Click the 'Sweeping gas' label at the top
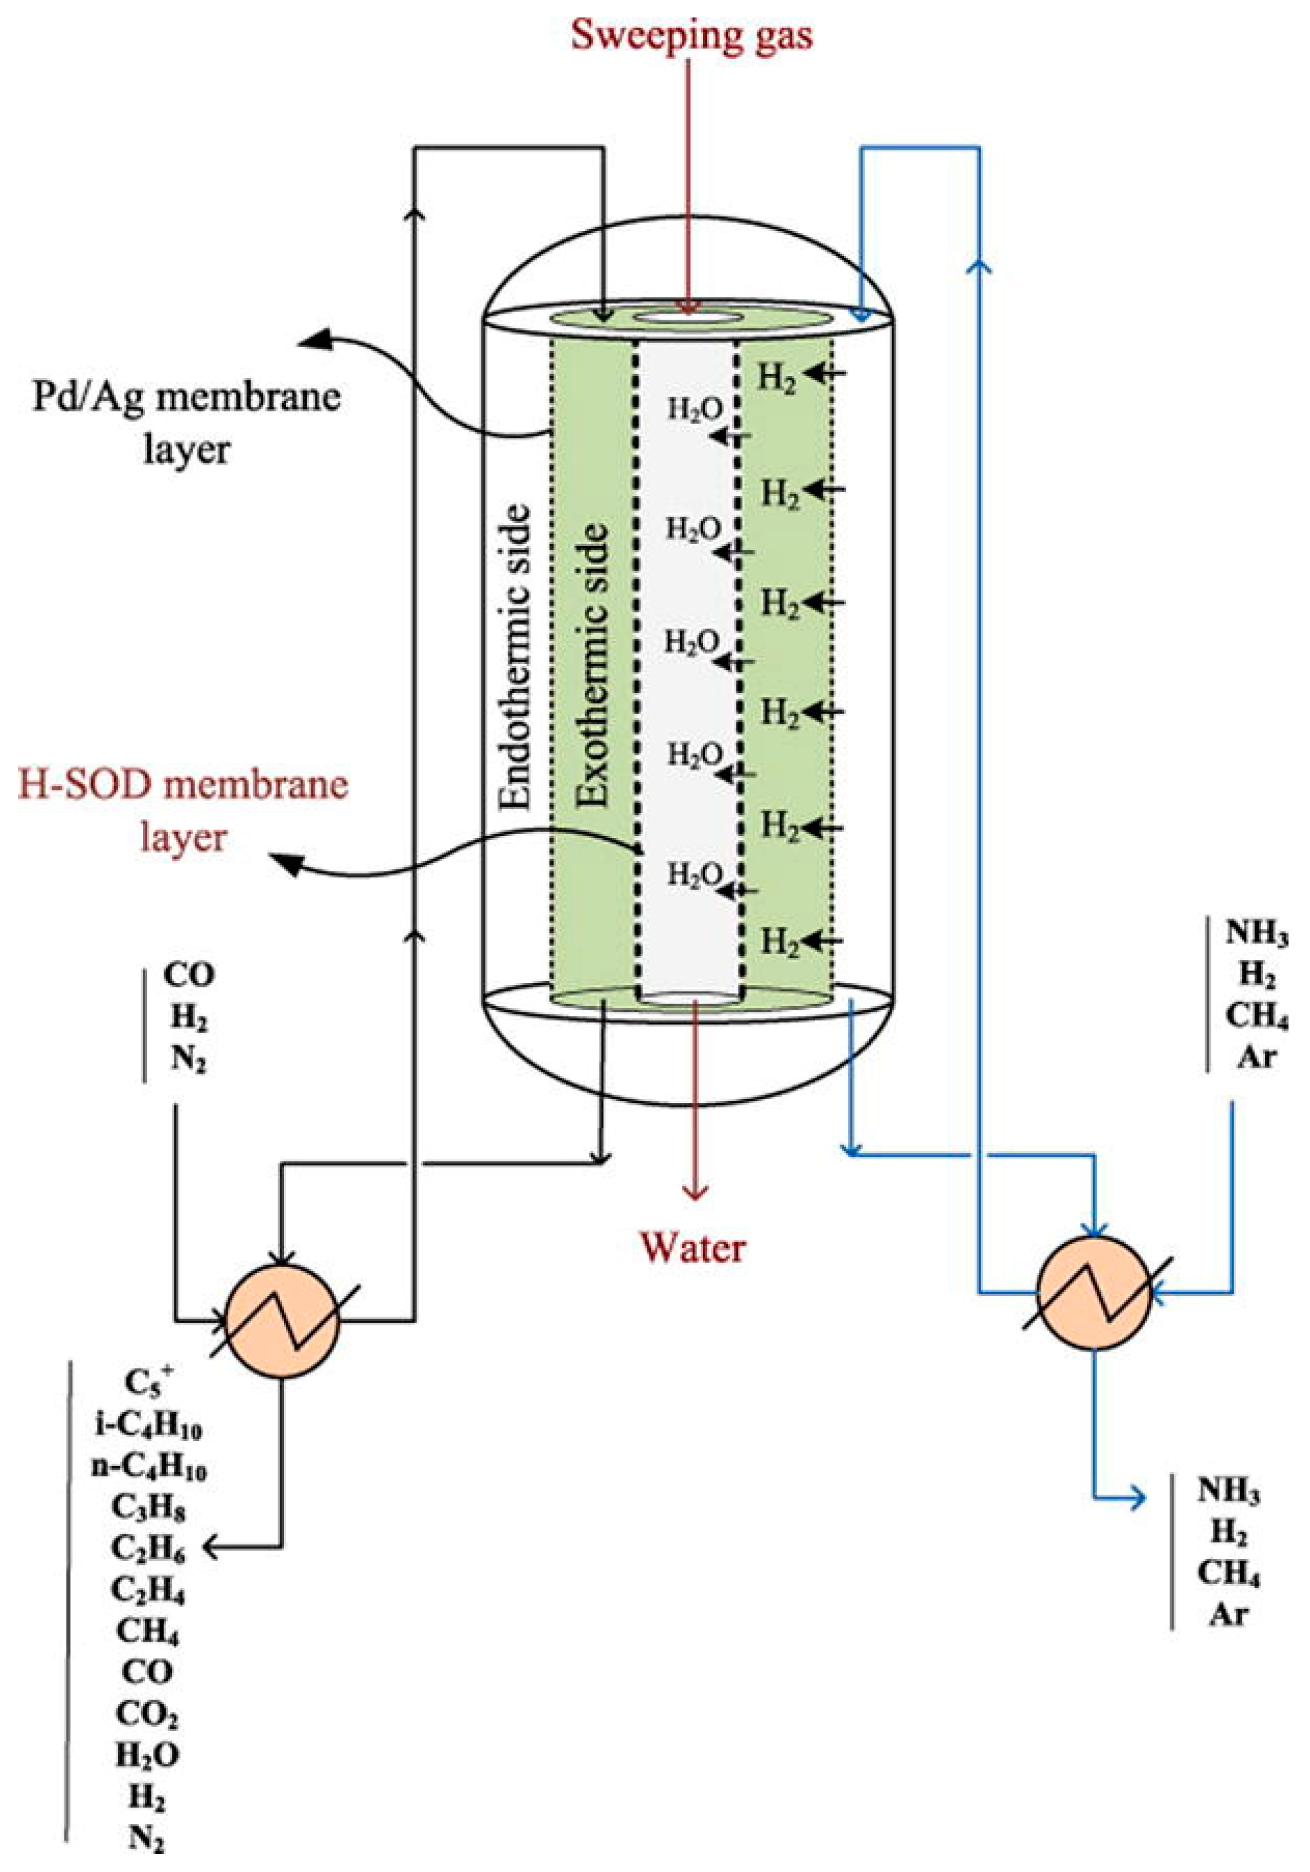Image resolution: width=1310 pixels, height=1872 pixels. (692, 37)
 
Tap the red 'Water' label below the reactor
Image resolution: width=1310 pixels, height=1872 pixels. (692, 1248)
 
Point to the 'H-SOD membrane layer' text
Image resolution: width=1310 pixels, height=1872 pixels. (183, 810)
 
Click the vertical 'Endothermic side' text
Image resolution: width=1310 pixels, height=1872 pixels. (515, 657)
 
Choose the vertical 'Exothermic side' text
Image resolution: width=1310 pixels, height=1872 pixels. (592, 665)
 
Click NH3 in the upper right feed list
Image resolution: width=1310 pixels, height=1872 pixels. (1256, 935)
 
